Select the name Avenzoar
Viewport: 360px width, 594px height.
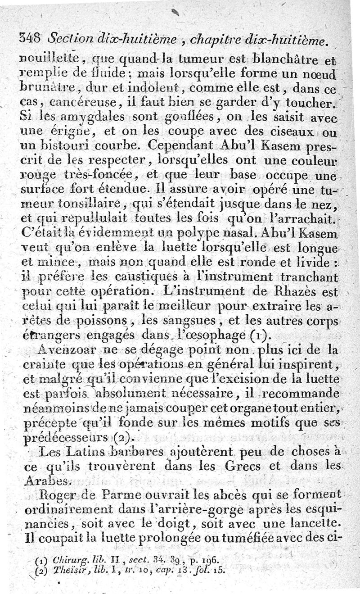[x=67, y=349]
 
